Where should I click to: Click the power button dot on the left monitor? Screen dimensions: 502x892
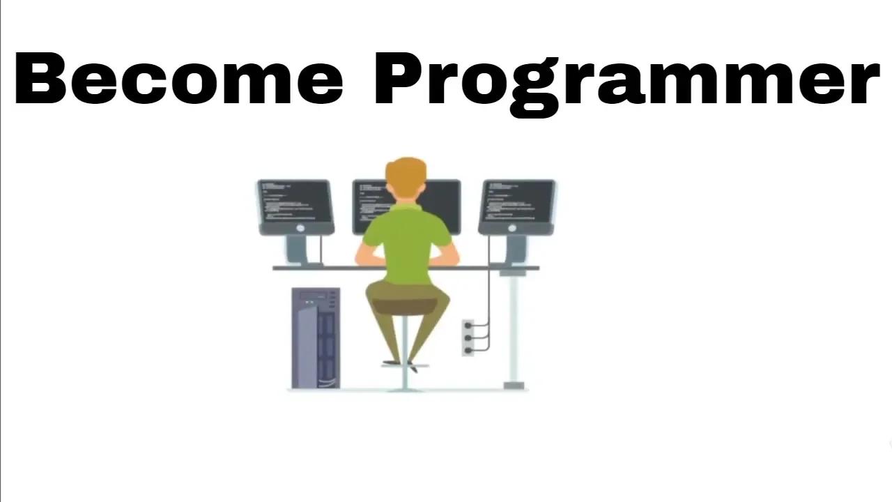coord(300,228)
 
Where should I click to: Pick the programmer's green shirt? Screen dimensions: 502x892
coord(406,237)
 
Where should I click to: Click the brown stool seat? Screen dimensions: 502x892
coord(405,305)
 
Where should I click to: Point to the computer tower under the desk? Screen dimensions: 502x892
coord(316,338)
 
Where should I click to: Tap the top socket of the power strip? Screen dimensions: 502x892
coord(468,326)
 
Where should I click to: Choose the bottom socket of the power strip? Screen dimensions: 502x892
coord(468,349)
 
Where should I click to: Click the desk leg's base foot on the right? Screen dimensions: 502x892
coord(514,384)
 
